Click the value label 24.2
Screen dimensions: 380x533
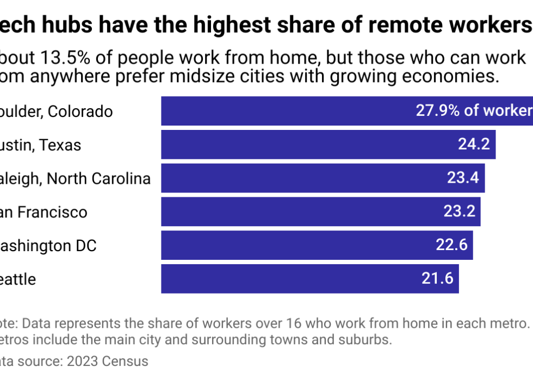click(x=473, y=145)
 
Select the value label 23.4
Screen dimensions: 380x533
click(x=462, y=178)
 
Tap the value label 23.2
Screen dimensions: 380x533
click(x=460, y=212)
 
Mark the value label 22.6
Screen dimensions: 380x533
click(x=451, y=246)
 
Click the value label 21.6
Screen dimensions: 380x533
click(x=437, y=279)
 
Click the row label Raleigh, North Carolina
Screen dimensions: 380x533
click(x=75, y=178)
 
